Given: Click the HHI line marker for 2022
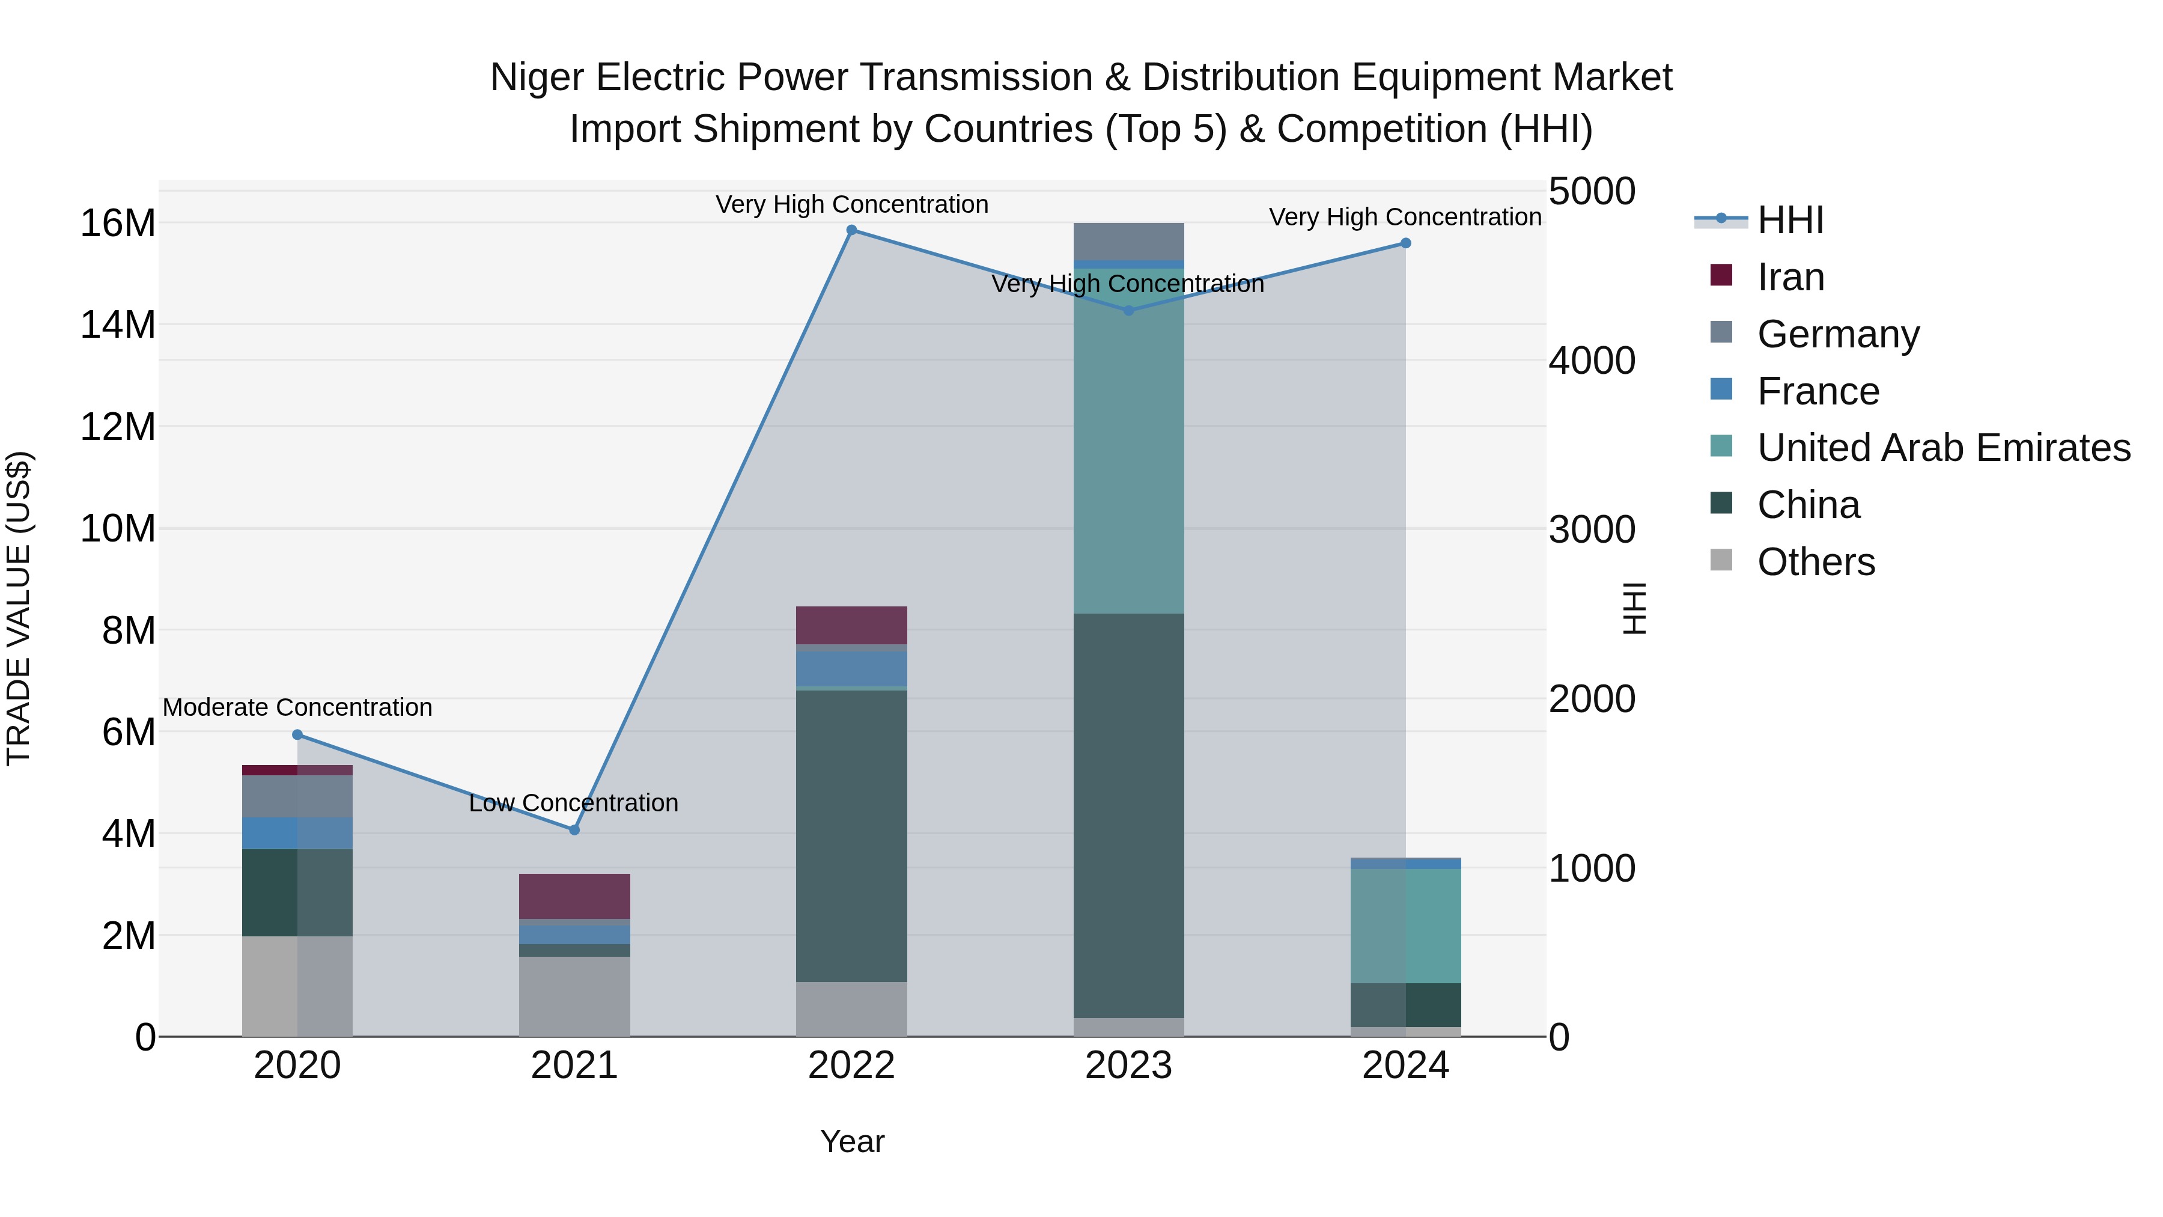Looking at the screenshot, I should point(851,230).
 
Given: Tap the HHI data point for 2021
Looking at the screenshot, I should point(574,830).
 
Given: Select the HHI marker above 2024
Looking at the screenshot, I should point(1405,243).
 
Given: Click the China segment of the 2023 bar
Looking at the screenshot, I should point(1128,815).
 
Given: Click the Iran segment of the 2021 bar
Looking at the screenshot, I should point(574,896).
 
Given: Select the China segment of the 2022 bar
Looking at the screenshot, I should point(851,836).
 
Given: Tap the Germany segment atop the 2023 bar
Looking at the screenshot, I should point(1128,242).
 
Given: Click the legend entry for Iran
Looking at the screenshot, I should point(1790,277).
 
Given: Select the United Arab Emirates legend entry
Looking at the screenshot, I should point(1943,448).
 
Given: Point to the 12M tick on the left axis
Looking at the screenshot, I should point(118,427).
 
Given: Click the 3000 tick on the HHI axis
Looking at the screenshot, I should point(1592,530).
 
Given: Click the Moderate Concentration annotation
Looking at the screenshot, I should point(297,707).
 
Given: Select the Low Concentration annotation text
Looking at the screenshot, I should point(574,803).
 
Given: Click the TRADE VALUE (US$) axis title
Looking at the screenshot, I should point(19,608).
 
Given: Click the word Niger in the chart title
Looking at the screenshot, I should point(537,78).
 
